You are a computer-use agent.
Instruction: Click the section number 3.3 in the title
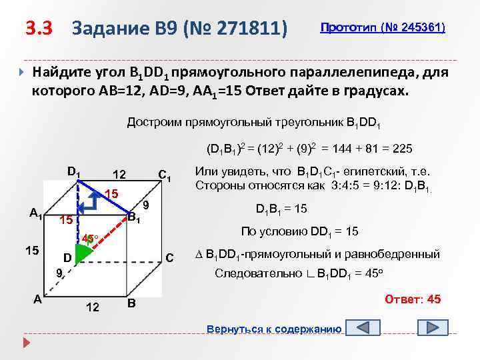tap(39, 29)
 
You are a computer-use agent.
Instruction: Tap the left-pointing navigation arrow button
tap(368, 329)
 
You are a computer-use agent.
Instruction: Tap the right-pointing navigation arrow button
tap(432, 329)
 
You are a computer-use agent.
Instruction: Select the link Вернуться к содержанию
tap(275, 329)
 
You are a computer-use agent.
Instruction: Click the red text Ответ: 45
tap(413, 299)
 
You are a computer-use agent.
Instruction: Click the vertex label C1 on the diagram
tap(165, 176)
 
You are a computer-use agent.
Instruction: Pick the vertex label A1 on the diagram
tap(36, 213)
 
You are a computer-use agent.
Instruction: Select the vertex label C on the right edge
tap(169, 257)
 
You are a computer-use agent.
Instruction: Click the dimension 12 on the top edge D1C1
tap(119, 175)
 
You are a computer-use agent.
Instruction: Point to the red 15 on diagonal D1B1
tap(111, 194)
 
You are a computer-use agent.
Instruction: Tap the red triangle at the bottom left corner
tap(26, 344)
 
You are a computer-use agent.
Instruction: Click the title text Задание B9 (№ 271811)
tap(180, 29)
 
